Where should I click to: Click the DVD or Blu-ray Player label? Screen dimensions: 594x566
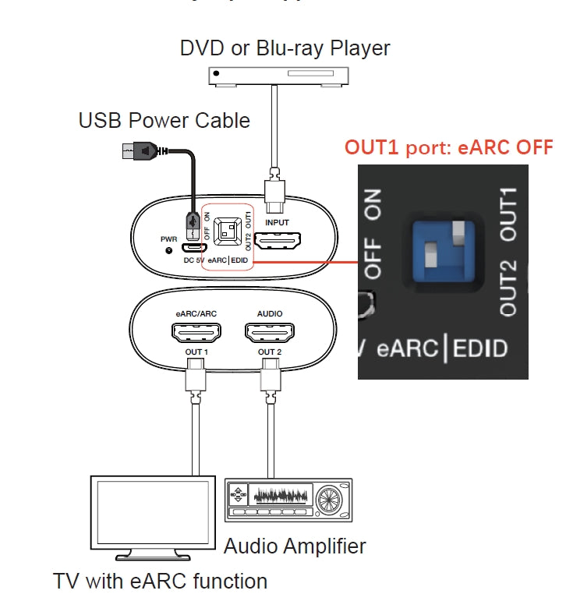(x=285, y=48)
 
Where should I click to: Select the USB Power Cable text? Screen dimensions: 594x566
(x=164, y=121)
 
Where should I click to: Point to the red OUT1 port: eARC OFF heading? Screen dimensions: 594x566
(x=449, y=147)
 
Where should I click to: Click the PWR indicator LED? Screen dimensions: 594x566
(x=169, y=250)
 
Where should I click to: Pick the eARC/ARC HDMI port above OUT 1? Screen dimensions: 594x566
(x=196, y=334)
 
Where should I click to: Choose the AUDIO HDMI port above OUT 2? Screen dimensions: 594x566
(x=270, y=334)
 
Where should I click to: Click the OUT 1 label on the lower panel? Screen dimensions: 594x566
(x=196, y=352)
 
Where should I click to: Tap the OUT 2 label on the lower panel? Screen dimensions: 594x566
(x=270, y=352)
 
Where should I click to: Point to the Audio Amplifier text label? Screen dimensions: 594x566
(x=295, y=546)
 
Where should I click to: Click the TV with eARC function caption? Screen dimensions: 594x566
(x=160, y=581)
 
